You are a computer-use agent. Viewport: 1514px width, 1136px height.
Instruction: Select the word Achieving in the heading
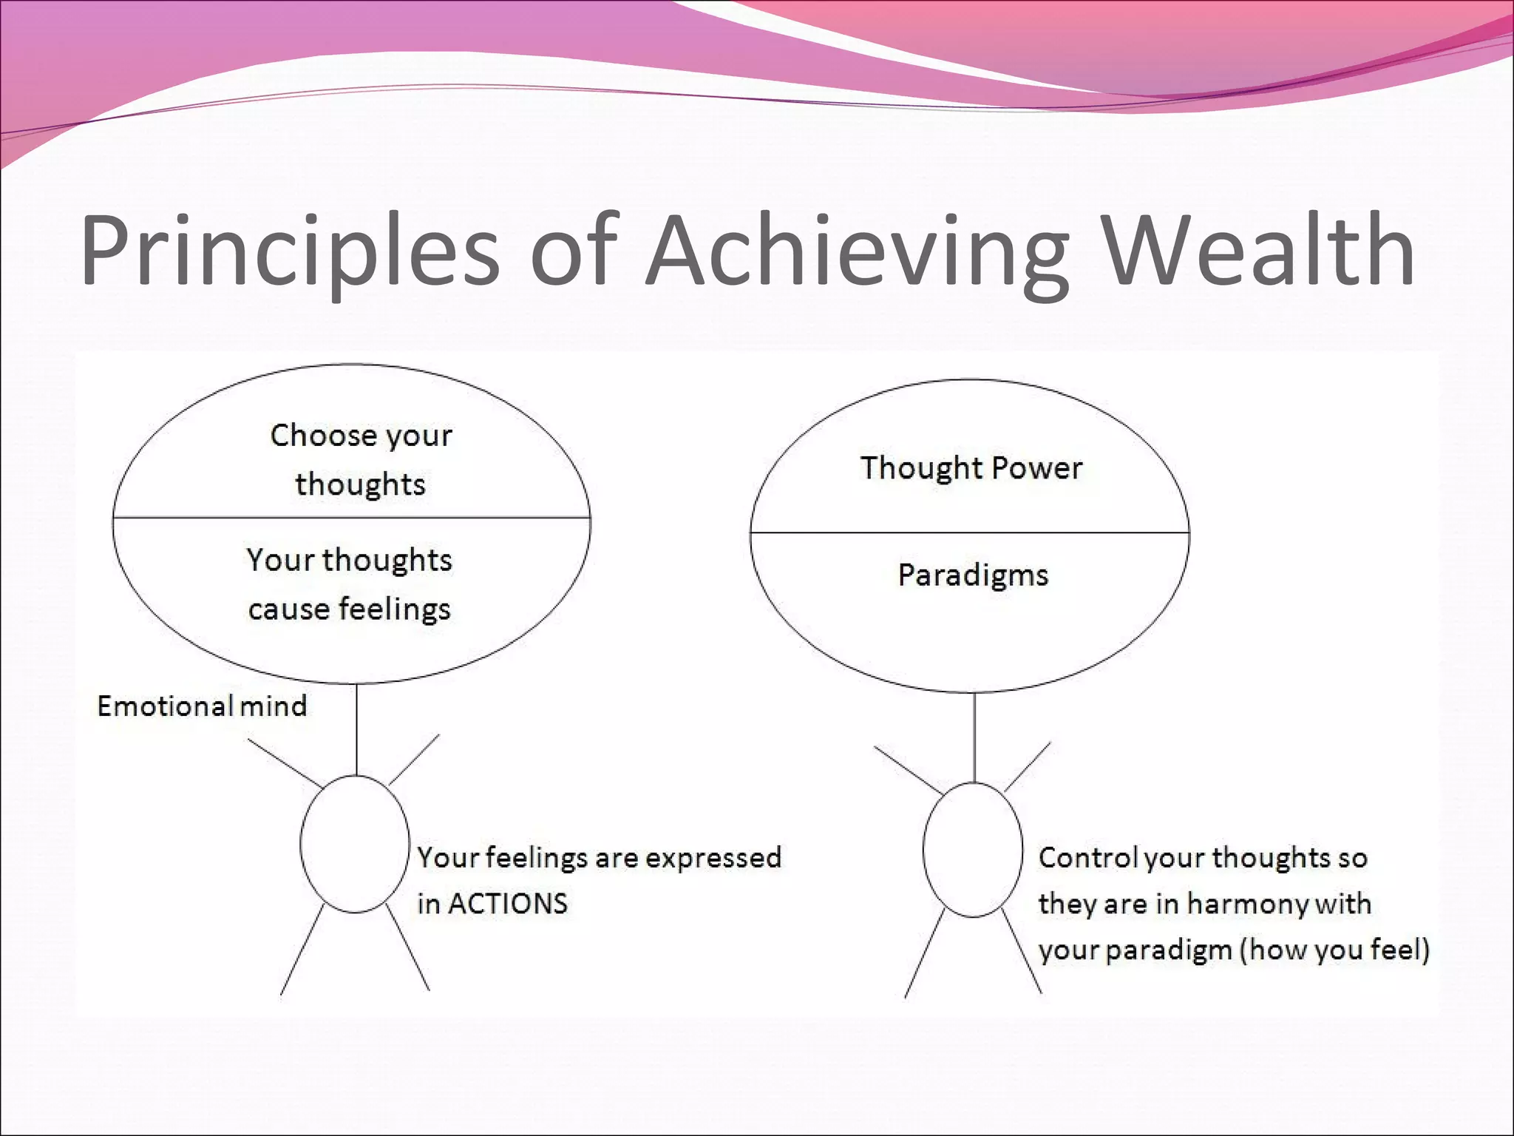(x=858, y=251)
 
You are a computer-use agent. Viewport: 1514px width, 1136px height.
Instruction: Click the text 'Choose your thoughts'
(x=361, y=459)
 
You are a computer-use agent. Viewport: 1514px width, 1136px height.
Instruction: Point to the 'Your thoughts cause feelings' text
(x=349, y=584)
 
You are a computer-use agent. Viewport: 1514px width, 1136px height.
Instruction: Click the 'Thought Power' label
(x=971, y=468)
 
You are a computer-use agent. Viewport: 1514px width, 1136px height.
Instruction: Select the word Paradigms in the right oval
(x=973, y=575)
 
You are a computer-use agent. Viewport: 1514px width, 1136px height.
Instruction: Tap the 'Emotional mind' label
(x=202, y=706)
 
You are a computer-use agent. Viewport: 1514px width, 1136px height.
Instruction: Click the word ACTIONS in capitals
(x=508, y=904)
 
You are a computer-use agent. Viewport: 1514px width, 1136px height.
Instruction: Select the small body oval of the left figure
(x=355, y=844)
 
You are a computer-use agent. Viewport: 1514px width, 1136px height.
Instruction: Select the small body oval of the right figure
(x=973, y=851)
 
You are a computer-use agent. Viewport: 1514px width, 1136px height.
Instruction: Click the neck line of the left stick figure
(x=357, y=729)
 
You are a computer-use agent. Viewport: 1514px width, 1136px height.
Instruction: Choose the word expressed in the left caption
(x=713, y=858)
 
